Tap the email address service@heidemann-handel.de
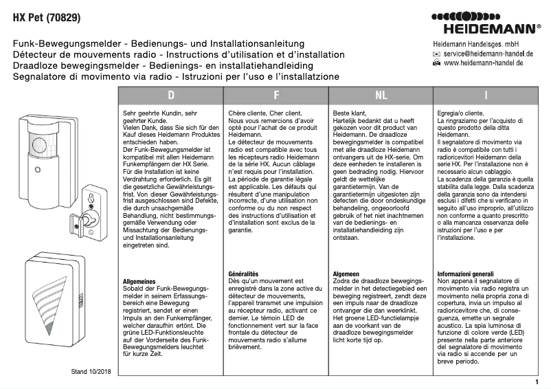(488, 53)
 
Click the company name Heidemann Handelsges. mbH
(482, 43)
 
